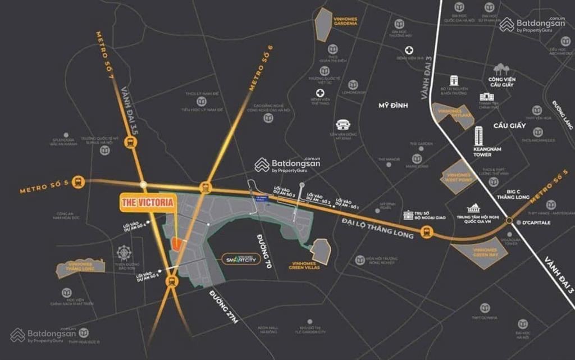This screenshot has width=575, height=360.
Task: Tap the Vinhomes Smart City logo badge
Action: click(241, 259)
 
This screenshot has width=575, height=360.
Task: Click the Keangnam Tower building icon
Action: click(478, 135)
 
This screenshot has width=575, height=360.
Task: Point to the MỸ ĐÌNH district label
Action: click(392, 106)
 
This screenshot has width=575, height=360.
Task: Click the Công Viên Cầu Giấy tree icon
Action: click(500, 70)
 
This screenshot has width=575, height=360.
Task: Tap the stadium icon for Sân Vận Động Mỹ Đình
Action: click(343, 125)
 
